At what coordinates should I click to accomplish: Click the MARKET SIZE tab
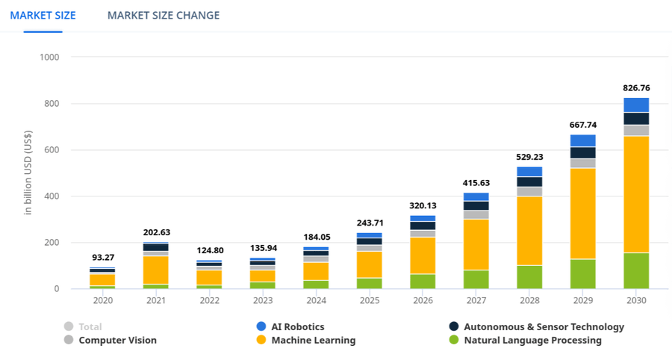click(43, 15)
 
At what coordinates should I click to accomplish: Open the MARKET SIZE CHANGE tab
click(164, 15)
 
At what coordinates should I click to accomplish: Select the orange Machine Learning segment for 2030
click(636, 194)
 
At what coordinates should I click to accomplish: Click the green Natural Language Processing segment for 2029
click(583, 273)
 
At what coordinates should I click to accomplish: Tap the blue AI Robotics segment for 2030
click(636, 105)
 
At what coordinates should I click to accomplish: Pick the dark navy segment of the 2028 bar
click(530, 181)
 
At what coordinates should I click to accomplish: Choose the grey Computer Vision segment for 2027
click(476, 214)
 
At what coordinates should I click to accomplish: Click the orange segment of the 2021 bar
click(156, 270)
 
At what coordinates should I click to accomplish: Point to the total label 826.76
click(636, 87)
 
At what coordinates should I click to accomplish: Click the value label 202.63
click(156, 232)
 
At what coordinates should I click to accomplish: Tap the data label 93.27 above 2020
click(103, 258)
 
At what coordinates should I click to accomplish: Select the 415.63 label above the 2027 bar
click(476, 183)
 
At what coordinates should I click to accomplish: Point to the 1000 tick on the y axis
click(49, 57)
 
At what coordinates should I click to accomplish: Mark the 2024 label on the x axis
click(317, 300)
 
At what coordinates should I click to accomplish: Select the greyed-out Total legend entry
click(90, 326)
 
